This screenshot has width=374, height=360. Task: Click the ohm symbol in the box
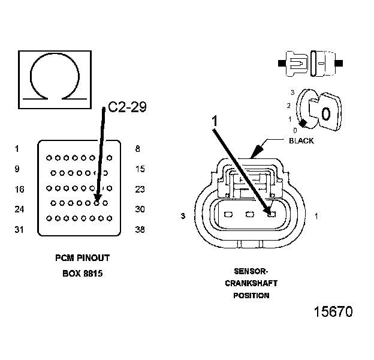click(x=31, y=76)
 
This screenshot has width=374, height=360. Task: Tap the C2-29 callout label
click(x=127, y=107)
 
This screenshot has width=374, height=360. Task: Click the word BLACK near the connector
click(x=301, y=141)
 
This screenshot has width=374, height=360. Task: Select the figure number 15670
click(x=333, y=311)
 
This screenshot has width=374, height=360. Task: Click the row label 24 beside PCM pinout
click(x=19, y=209)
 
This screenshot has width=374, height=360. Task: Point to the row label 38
click(x=140, y=229)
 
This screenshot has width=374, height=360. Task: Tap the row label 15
click(x=140, y=169)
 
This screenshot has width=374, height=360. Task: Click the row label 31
click(x=19, y=229)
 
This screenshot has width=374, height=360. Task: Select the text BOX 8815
click(x=83, y=274)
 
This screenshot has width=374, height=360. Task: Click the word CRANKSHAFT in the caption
click(x=251, y=283)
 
